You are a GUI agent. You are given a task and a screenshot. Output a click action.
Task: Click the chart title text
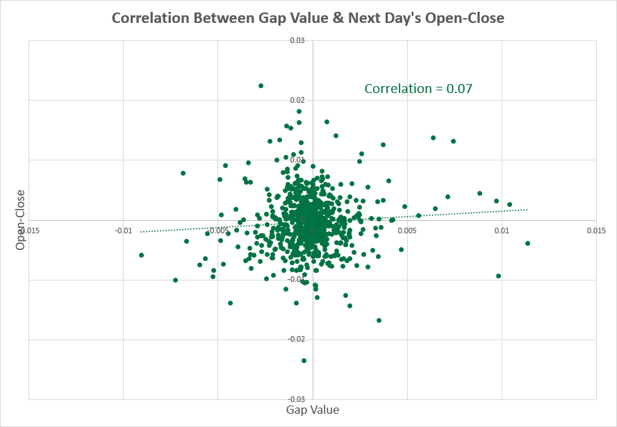[308, 19]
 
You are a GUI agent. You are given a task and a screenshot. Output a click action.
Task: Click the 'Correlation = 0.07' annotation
[418, 88]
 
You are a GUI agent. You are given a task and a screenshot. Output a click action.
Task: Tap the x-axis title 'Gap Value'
[313, 410]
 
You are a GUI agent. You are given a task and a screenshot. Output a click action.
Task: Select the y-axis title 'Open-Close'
[21, 220]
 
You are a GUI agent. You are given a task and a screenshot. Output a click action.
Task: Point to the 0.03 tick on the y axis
[297, 41]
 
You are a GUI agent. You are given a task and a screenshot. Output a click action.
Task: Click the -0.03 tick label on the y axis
[297, 399]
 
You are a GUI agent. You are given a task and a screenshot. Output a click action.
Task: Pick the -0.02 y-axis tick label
[297, 339]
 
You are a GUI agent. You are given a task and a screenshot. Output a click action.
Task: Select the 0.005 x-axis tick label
[406, 229]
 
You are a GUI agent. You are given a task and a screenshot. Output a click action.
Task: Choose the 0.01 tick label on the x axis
[502, 229]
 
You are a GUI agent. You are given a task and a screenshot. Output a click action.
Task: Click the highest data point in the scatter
[261, 85]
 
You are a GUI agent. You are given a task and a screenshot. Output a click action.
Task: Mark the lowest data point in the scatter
[304, 360]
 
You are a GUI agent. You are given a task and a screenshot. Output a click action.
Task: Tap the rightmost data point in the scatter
[527, 243]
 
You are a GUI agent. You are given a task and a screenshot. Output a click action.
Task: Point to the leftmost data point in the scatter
[141, 255]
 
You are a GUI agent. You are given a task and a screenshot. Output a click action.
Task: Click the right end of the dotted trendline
[528, 209]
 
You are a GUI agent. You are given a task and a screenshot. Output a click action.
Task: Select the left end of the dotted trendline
[141, 232]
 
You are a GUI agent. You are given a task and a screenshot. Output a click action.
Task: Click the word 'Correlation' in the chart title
[148, 19]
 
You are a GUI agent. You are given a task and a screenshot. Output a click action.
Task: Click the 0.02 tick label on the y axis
[297, 101]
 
